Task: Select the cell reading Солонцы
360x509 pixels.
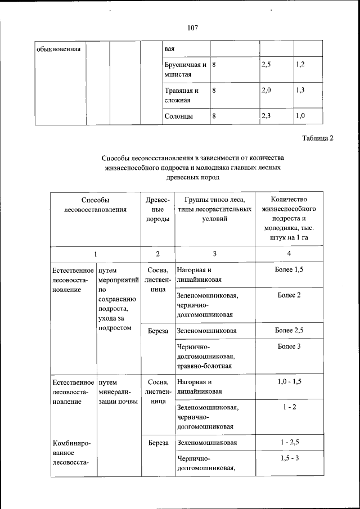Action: coord(179,116)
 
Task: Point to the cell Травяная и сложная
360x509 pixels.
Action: coord(181,95)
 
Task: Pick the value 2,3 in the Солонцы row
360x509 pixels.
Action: coord(267,116)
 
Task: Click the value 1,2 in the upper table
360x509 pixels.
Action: coord(300,65)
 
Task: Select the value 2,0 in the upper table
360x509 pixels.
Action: coord(267,91)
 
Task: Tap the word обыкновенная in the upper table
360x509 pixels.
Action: coord(58,48)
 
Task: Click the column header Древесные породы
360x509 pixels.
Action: coord(157,209)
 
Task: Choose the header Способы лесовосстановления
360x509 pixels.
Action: coord(94,204)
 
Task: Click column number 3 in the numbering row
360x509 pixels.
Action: coord(214,254)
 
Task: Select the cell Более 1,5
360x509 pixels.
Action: coord(289,270)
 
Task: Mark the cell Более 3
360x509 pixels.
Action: coord(289,346)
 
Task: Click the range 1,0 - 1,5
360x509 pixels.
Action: coord(289,381)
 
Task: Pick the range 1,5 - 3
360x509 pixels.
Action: coord(289,458)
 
